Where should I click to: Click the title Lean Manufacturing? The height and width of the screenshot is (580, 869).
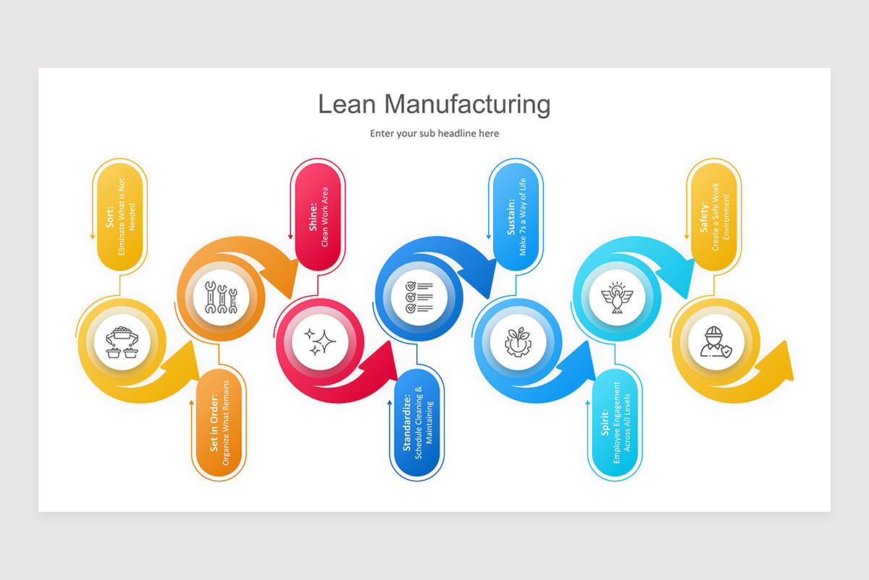click(x=434, y=104)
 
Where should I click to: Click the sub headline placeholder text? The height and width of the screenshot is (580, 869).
click(x=434, y=133)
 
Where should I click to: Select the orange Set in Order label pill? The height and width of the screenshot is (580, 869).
click(x=220, y=423)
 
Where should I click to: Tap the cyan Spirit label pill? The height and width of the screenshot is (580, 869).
click(x=616, y=423)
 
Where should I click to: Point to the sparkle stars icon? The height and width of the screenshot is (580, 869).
click(x=319, y=343)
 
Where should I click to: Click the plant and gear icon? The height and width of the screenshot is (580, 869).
click(x=517, y=343)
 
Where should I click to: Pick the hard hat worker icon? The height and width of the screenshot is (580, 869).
click(x=714, y=343)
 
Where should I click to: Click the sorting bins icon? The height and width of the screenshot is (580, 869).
click(x=121, y=343)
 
